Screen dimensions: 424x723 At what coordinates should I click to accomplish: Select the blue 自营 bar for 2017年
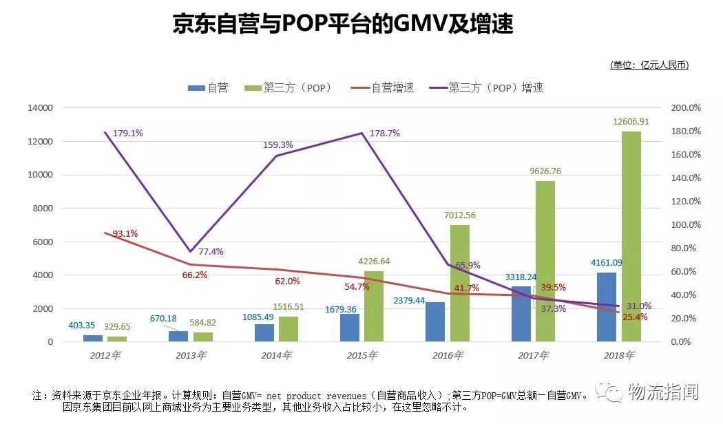click(x=521, y=314)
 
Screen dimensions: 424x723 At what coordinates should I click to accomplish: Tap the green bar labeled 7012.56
click(x=460, y=283)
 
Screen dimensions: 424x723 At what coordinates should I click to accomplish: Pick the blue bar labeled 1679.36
click(x=350, y=328)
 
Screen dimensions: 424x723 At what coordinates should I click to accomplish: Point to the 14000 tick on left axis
click(x=40, y=108)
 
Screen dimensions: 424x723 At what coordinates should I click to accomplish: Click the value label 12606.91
click(x=631, y=122)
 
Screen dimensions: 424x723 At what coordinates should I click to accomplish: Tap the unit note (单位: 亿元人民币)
click(x=649, y=65)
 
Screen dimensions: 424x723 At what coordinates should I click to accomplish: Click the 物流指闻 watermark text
click(x=661, y=392)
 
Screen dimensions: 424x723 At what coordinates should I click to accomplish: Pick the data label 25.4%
click(x=634, y=317)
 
